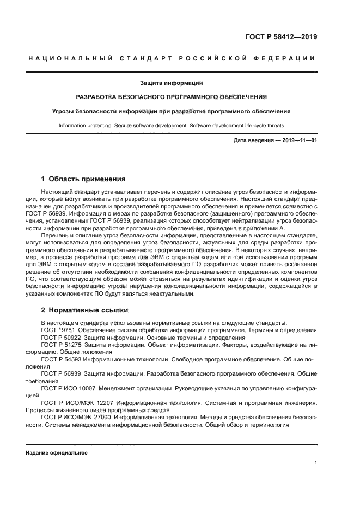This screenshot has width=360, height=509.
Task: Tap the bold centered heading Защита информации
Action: (171, 83)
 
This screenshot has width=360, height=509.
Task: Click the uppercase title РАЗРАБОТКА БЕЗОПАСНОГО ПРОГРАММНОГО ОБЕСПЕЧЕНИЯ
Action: (171, 97)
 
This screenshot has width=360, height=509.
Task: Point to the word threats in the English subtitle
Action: (274, 125)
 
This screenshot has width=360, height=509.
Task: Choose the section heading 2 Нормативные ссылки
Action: (84, 310)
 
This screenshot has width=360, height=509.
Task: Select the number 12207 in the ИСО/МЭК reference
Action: (96, 403)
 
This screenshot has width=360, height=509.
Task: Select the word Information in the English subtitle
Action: (73, 125)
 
